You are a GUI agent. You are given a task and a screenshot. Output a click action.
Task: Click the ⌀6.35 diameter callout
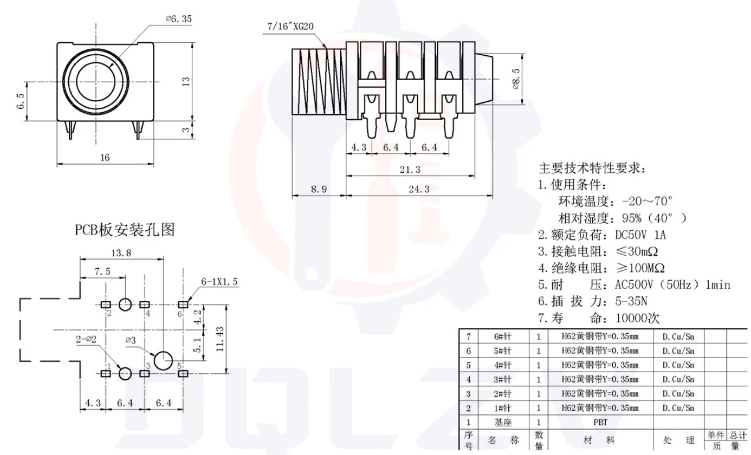[179, 19]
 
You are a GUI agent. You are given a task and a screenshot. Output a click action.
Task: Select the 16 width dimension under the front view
[105, 157]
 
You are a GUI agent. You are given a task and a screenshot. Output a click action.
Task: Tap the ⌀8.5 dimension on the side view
[516, 79]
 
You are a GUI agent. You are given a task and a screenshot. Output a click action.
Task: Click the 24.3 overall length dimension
[418, 189]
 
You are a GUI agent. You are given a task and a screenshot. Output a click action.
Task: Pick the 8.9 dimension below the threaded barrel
[318, 189]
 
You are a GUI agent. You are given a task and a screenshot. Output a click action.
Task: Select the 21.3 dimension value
[409, 169]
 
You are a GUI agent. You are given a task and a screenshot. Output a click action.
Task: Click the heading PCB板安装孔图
[124, 230]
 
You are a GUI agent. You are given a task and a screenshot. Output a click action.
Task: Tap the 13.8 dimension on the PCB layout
[121, 253]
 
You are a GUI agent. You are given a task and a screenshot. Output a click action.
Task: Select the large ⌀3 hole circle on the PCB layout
[163, 360]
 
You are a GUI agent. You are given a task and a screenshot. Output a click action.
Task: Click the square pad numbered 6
[182, 305]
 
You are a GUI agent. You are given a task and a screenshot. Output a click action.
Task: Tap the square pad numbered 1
[106, 373]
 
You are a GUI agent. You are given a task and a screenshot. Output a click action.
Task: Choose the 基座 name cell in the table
[503, 422]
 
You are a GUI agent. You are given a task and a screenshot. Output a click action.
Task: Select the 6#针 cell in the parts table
[503, 336]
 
